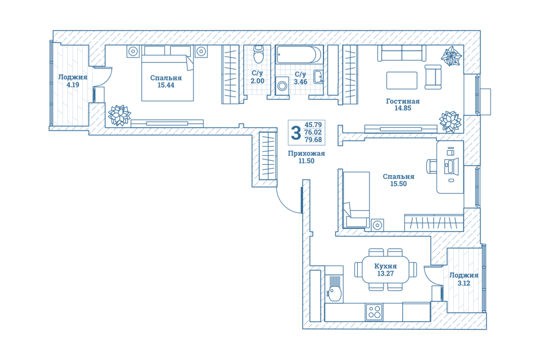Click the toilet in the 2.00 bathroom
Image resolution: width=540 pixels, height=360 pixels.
point(258,55)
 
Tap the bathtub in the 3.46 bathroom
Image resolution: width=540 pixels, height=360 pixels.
point(299,55)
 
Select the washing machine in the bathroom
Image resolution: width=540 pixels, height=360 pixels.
point(282,85)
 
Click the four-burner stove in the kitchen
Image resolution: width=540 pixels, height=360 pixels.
point(374,312)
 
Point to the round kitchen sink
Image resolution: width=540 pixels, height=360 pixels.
point(334,293)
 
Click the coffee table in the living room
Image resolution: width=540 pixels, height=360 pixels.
point(402,80)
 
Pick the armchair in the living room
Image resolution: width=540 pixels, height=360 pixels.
point(433,77)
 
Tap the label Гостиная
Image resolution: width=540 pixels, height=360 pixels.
point(403,101)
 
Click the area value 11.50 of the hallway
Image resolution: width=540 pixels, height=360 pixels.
point(306,161)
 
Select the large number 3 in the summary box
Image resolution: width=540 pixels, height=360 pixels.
point(296,133)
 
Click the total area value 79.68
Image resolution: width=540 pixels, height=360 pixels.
point(313,139)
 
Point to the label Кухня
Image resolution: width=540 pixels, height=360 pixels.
point(385,266)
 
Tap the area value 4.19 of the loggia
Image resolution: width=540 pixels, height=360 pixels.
point(73,85)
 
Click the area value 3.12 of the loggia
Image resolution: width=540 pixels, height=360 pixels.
point(463,283)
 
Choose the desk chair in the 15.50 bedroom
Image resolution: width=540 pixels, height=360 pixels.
point(432,166)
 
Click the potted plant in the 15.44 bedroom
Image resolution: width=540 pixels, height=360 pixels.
point(119,115)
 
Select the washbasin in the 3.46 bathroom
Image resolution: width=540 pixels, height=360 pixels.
point(318,76)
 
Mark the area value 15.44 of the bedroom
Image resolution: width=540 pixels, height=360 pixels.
point(165,85)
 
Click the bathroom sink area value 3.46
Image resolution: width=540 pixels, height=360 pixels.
point(300,82)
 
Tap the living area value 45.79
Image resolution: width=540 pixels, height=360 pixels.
point(313,125)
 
